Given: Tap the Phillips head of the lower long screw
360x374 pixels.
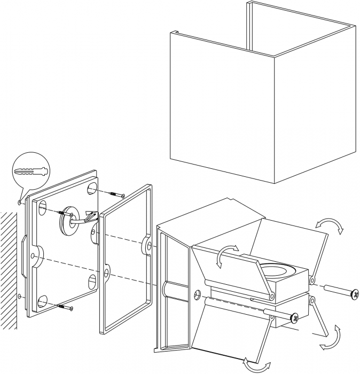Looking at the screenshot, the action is (294, 318).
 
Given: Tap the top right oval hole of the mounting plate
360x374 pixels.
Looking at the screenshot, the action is (91, 188).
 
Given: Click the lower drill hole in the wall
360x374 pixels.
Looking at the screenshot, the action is (20, 295).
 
